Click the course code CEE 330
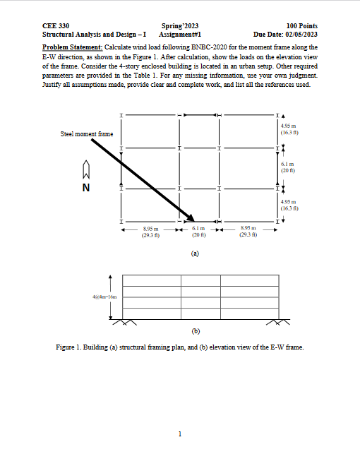click(56, 24)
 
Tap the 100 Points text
click(300, 24)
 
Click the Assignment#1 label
click(181, 33)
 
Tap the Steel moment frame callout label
click(87, 133)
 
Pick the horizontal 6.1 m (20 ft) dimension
click(198, 232)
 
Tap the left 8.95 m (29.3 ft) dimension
click(150, 232)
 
